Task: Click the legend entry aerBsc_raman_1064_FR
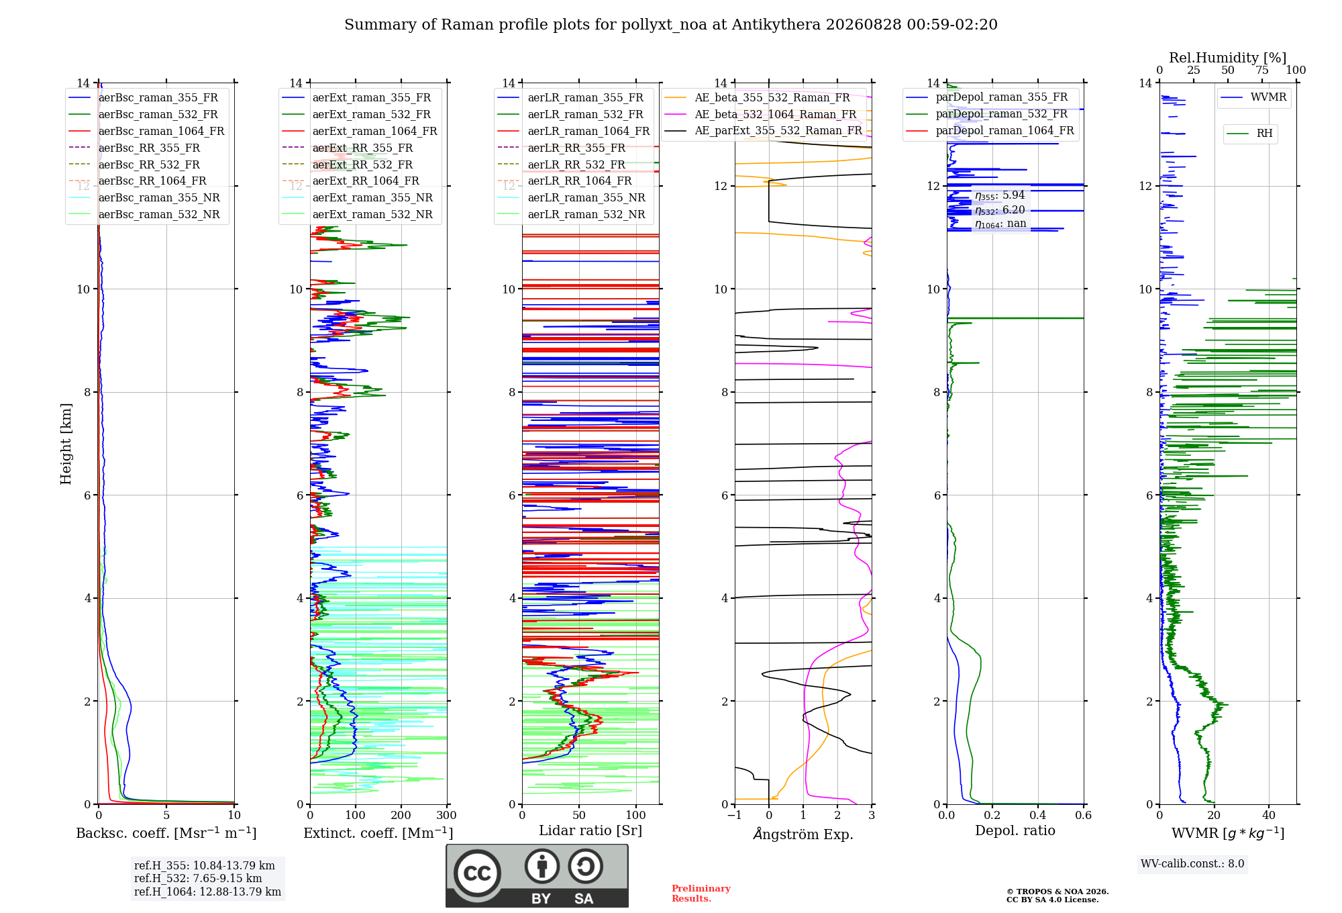[146, 132]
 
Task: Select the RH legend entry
[1250, 134]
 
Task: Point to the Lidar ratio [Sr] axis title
[590, 831]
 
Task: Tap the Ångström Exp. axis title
[803, 834]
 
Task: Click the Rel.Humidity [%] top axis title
[1228, 58]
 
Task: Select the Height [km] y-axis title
[66, 444]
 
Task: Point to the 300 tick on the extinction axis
[447, 816]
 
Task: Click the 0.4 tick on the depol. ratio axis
[1038, 816]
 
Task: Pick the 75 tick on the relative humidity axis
[1262, 70]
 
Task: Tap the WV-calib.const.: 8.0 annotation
[1192, 864]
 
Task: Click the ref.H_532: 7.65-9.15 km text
[198, 879]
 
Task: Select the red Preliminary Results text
[701, 894]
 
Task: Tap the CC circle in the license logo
[477, 873]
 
